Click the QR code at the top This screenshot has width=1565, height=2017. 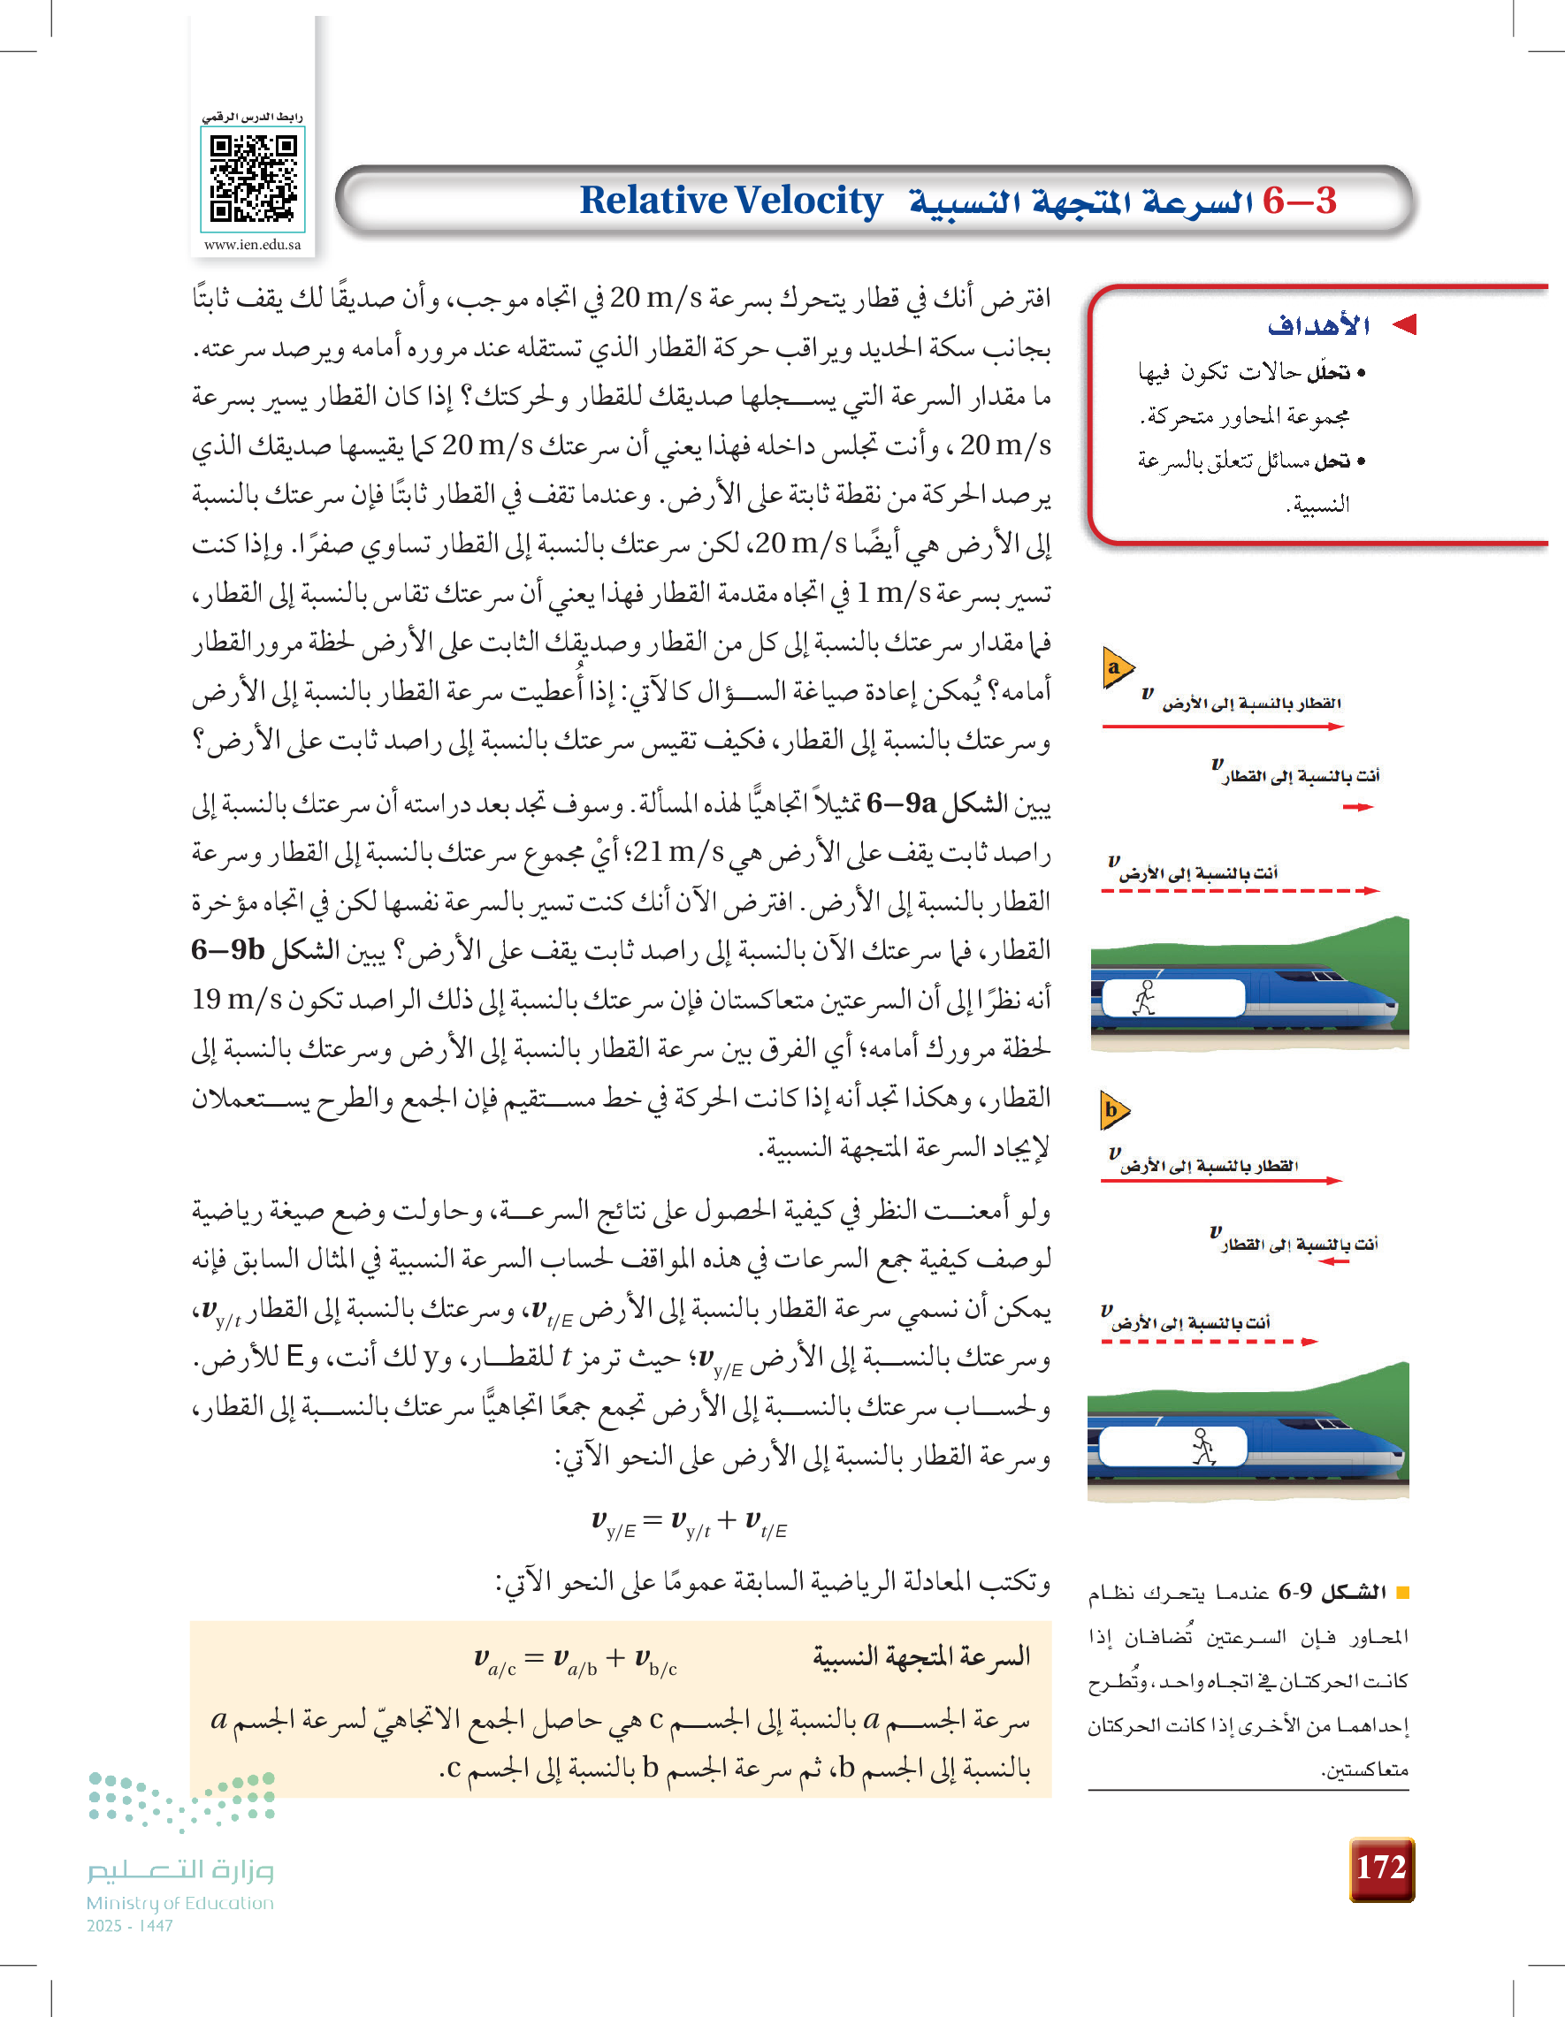(x=253, y=179)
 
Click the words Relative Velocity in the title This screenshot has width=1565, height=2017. (x=730, y=201)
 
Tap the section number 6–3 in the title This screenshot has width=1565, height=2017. (x=1299, y=201)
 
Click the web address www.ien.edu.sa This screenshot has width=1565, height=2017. (x=252, y=245)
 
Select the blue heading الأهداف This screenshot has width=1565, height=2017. (x=1318, y=326)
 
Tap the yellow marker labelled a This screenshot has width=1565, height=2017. (x=1116, y=667)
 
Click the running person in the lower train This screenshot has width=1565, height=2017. (x=1202, y=1446)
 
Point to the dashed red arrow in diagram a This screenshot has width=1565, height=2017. (x=1239, y=891)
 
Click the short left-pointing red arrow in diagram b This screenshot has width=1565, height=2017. (x=1334, y=1261)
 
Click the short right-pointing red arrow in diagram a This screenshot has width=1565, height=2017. (x=1357, y=807)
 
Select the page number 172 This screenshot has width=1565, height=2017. (x=1380, y=1868)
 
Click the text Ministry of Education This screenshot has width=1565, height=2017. (x=180, y=1903)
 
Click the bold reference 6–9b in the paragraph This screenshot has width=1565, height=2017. (x=228, y=949)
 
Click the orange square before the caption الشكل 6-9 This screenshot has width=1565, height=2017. (x=1402, y=1592)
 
